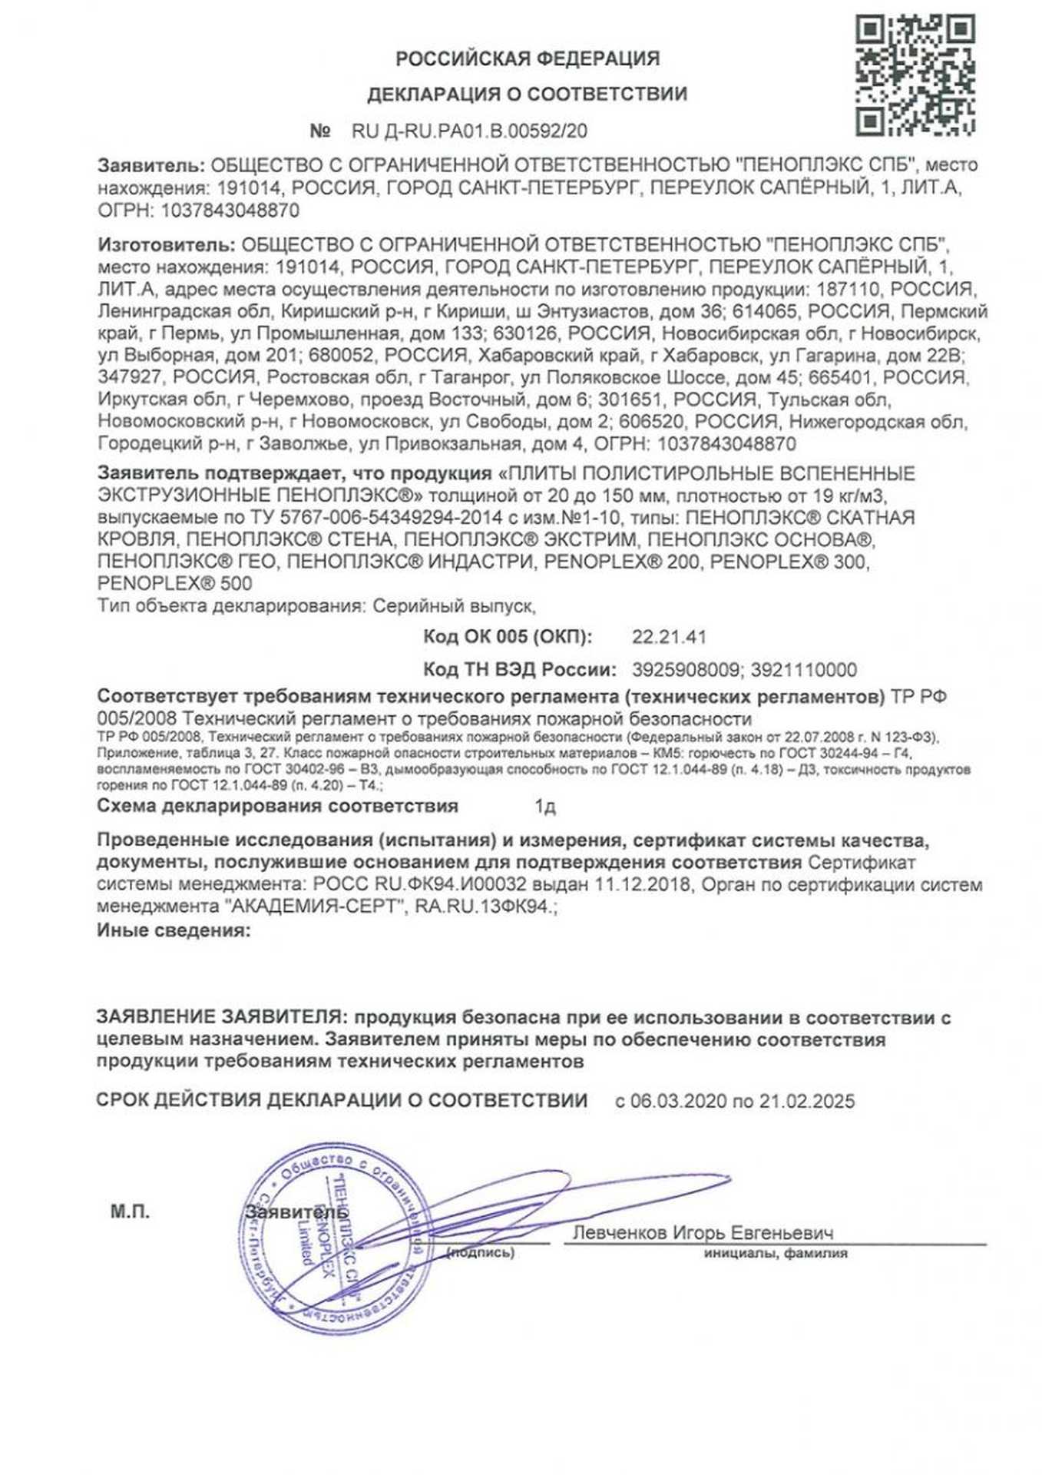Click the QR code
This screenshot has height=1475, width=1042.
(x=915, y=76)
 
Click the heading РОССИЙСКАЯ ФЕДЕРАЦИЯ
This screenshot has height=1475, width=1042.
(x=528, y=58)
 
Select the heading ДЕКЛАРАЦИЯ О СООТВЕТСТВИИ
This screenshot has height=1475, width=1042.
(x=527, y=94)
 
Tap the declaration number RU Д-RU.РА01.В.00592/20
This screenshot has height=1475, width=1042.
(x=469, y=131)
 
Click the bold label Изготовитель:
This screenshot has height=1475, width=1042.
(x=167, y=245)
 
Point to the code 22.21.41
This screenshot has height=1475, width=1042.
(x=669, y=637)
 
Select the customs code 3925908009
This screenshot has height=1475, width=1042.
(x=686, y=670)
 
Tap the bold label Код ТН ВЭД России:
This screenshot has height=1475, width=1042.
(x=520, y=670)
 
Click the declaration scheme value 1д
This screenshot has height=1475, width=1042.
(x=545, y=807)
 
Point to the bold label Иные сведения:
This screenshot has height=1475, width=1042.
(x=174, y=931)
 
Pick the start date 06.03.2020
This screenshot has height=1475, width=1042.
(x=678, y=1101)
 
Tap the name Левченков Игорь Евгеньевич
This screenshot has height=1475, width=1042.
(x=703, y=1233)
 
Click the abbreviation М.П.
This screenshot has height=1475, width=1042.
(x=130, y=1212)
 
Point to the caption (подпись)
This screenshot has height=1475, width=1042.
(x=481, y=1253)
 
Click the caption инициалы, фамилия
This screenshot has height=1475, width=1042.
(x=776, y=1253)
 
